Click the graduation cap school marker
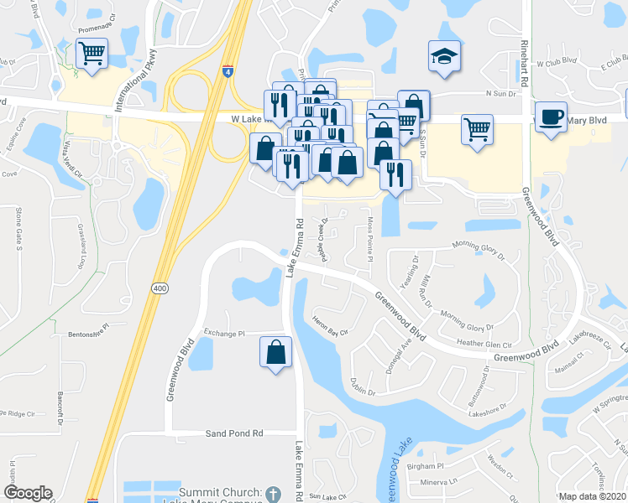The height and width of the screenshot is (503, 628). click(444, 56)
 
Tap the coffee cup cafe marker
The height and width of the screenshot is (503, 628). click(551, 117)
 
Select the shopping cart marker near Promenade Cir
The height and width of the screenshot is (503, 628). click(92, 54)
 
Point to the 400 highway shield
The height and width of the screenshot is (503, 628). click(158, 288)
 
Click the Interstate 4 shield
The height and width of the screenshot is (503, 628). click(228, 73)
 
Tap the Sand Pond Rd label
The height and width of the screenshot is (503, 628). click(235, 433)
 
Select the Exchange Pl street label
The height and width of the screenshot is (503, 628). click(222, 333)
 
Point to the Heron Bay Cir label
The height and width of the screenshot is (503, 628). click(330, 332)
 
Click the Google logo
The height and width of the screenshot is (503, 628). click(29, 493)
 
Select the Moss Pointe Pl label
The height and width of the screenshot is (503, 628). click(369, 237)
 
